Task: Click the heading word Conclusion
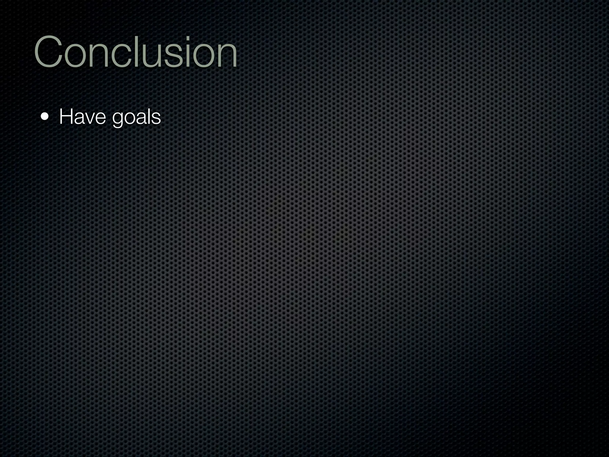click(136, 52)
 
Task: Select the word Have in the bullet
click(82, 117)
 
